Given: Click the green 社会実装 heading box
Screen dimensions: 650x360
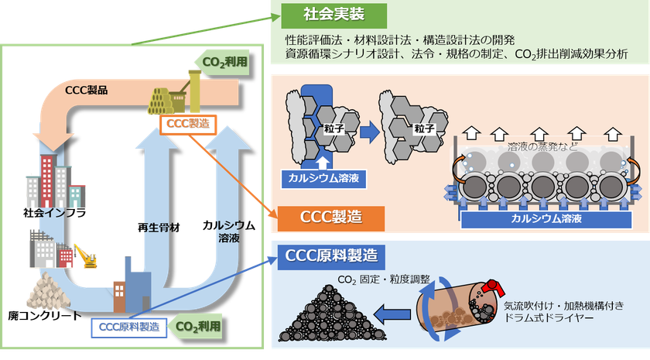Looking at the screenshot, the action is coord(334,15).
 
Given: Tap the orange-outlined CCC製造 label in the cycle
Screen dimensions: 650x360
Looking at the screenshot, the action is coord(188,124).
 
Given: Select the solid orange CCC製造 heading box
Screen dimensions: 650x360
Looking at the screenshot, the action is coord(331,218).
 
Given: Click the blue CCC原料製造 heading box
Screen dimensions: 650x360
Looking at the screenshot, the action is coord(331,257).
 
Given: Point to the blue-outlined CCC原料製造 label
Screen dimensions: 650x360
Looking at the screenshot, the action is coord(129,327).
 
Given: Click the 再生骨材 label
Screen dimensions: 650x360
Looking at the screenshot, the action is coord(159,228).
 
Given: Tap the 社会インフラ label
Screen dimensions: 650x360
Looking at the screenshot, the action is coord(55,213).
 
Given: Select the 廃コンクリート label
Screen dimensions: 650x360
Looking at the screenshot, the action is coord(45,316).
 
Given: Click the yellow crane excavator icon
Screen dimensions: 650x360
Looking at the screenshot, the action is coord(86,256).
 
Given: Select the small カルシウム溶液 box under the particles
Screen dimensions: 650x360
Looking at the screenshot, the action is coord(323,179).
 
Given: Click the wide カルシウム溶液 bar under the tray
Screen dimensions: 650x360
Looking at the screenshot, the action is coord(546,219).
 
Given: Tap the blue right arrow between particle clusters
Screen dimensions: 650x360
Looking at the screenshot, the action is coord(369,132).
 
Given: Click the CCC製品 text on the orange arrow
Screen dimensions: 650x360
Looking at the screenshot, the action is coord(86,90).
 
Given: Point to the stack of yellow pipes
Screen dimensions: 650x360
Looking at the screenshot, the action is coord(160,101).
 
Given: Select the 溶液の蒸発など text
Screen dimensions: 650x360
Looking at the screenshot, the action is coord(542,146).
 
